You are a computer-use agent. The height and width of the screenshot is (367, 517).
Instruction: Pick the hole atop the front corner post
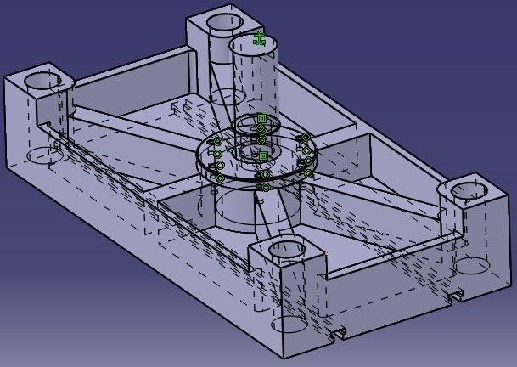pyautogui.click(x=286, y=249)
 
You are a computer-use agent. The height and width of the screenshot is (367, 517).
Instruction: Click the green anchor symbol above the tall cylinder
pyautogui.click(x=261, y=38)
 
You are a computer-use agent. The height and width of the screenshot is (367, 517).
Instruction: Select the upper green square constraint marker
pyautogui.click(x=261, y=117)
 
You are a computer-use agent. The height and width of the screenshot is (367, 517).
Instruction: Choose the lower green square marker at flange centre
pyautogui.click(x=263, y=155)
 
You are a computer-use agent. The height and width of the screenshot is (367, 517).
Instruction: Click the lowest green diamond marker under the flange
pyautogui.click(x=266, y=187)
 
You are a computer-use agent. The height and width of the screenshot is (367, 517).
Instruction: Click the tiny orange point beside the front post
pyautogui.click(x=327, y=252)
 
